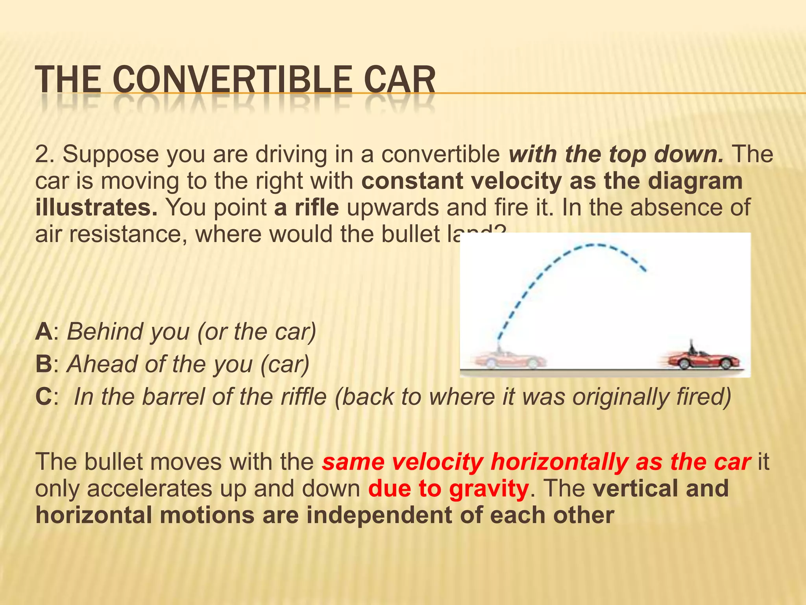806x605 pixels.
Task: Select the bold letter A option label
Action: [x=43, y=332]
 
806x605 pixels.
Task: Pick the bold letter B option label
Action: [x=43, y=364]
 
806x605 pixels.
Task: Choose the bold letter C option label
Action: [x=43, y=397]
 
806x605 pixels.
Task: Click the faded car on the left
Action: [x=510, y=359]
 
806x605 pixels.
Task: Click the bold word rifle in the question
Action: [x=306, y=208]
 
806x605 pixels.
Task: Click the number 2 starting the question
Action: [x=41, y=154]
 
